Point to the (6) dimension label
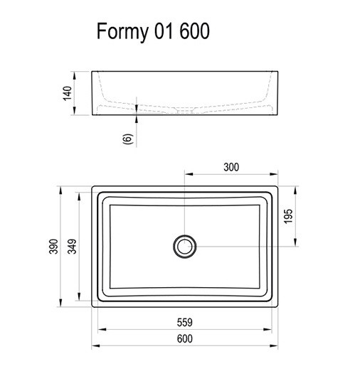(126, 139)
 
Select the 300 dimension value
(231, 167)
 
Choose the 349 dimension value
(73, 245)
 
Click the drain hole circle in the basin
(184, 246)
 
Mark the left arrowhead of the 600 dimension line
(95, 346)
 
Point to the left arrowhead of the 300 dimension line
(187, 173)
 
